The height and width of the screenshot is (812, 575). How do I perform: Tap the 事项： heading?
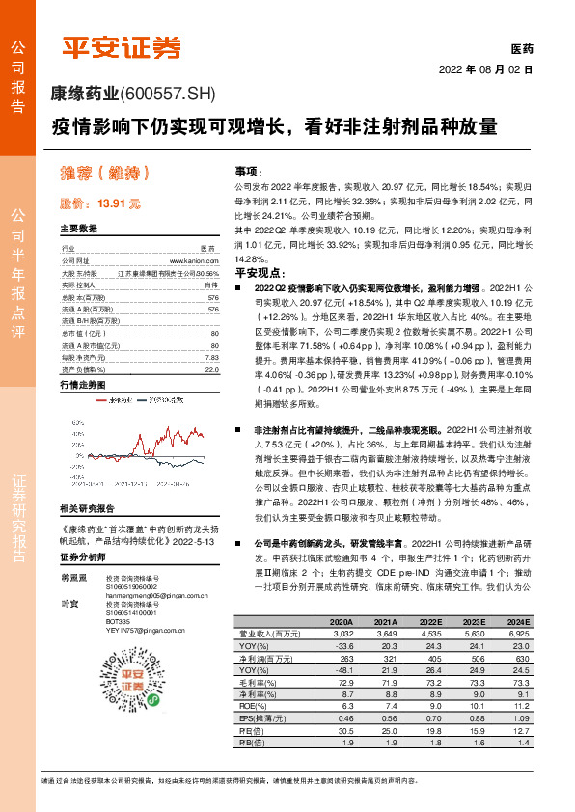(x=249, y=170)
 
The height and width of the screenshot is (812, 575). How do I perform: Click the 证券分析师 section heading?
(x=82, y=584)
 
